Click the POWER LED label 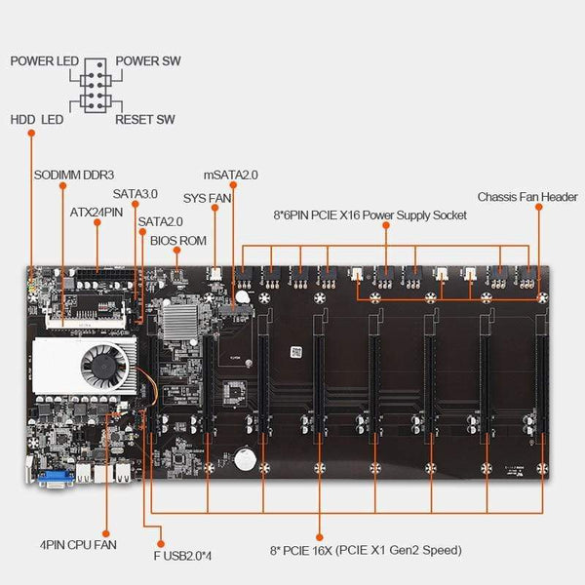44,60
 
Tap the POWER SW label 148,60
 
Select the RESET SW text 145,120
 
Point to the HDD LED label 37,120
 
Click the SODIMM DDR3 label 73,175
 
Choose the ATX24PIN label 96,211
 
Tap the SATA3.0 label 135,194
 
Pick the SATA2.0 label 160,221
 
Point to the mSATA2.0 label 231,175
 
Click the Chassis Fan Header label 527,197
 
